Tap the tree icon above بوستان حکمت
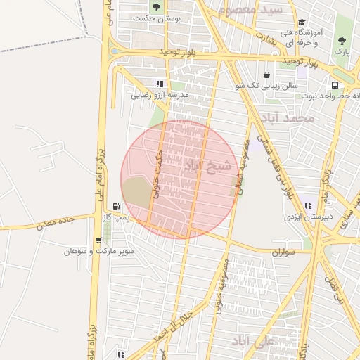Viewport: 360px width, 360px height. click(155, 7)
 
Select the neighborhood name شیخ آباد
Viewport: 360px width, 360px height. click(207, 166)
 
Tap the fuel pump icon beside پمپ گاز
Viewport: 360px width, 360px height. click(116, 207)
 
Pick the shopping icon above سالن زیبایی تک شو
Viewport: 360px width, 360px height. click(266, 75)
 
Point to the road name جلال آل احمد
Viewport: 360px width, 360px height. click(170, 325)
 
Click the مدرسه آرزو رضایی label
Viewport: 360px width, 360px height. click(160, 94)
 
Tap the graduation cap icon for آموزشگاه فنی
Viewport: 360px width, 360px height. click(302, 22)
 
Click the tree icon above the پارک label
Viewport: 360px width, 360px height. click(342, 40)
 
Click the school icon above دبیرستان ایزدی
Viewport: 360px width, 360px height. click(308, 205)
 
